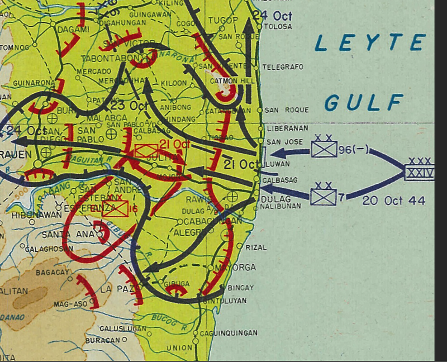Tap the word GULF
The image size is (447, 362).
coord(364,102)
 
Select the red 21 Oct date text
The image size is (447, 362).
coord(172,145)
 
